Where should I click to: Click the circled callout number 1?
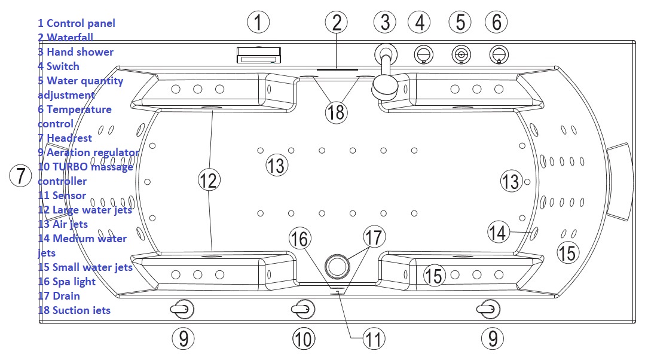pos(258,23)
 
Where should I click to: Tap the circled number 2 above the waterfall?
pos(337,23)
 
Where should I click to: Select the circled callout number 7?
pos(21,176)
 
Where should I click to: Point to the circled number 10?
pos(304,339)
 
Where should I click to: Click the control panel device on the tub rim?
pos(258,56)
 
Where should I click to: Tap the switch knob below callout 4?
pos(423,55)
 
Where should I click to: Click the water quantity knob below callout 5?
pos(460,55)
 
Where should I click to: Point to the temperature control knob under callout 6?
pos(498,55)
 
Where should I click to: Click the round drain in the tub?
pos(337,264)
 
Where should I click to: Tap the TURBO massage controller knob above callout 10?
pos(302,309)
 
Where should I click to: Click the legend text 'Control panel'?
pos(81,23)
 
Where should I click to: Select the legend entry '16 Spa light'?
pos(66,281)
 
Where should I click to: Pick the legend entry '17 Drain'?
pos(59,295)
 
